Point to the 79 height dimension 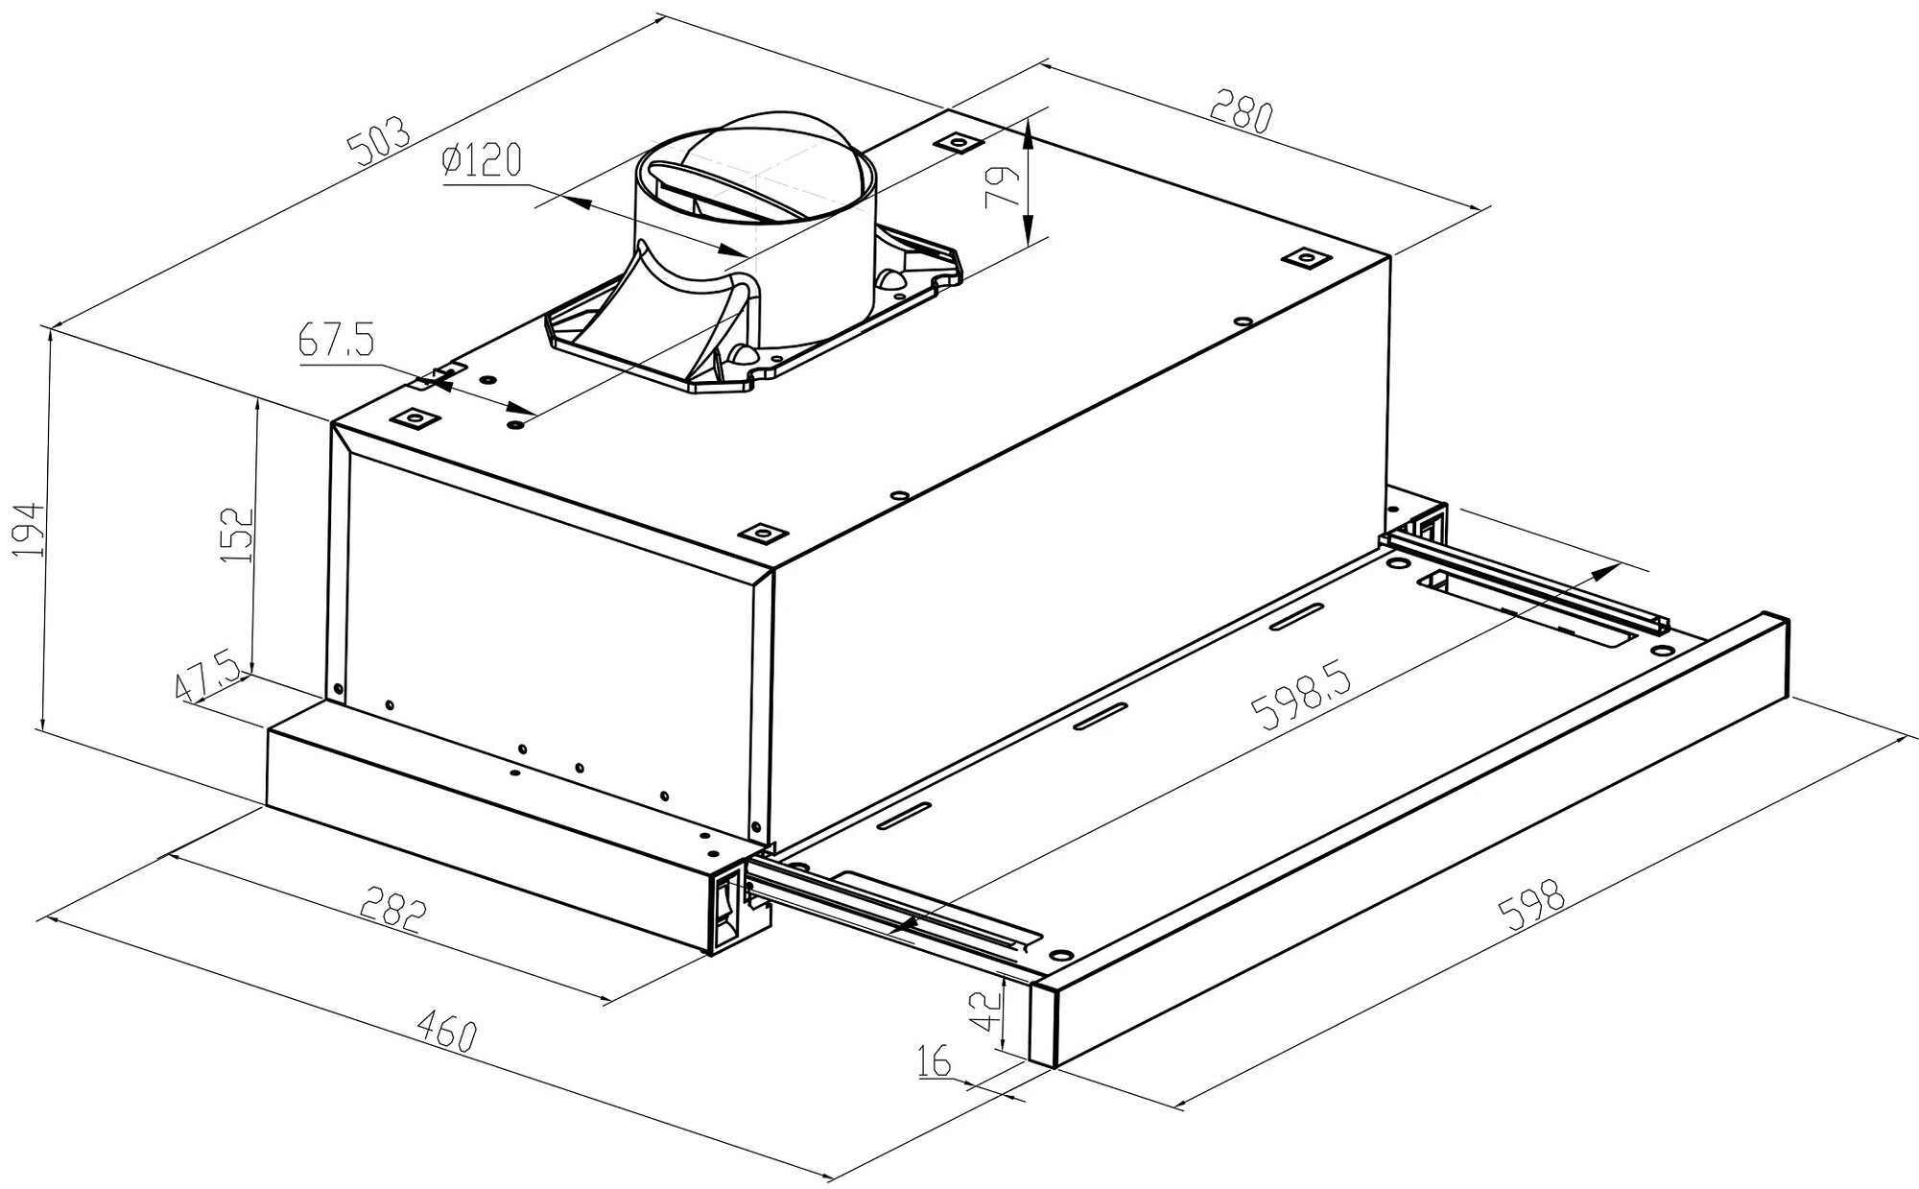tap(1001, 187)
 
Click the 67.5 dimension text tap(336, 341)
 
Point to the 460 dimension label tap(446, 1034)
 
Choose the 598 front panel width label tap(1536, 904)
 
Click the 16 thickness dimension tap(934, 1062)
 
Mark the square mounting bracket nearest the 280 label tap(959, 143)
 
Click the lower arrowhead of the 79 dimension tap(1028, 230)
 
